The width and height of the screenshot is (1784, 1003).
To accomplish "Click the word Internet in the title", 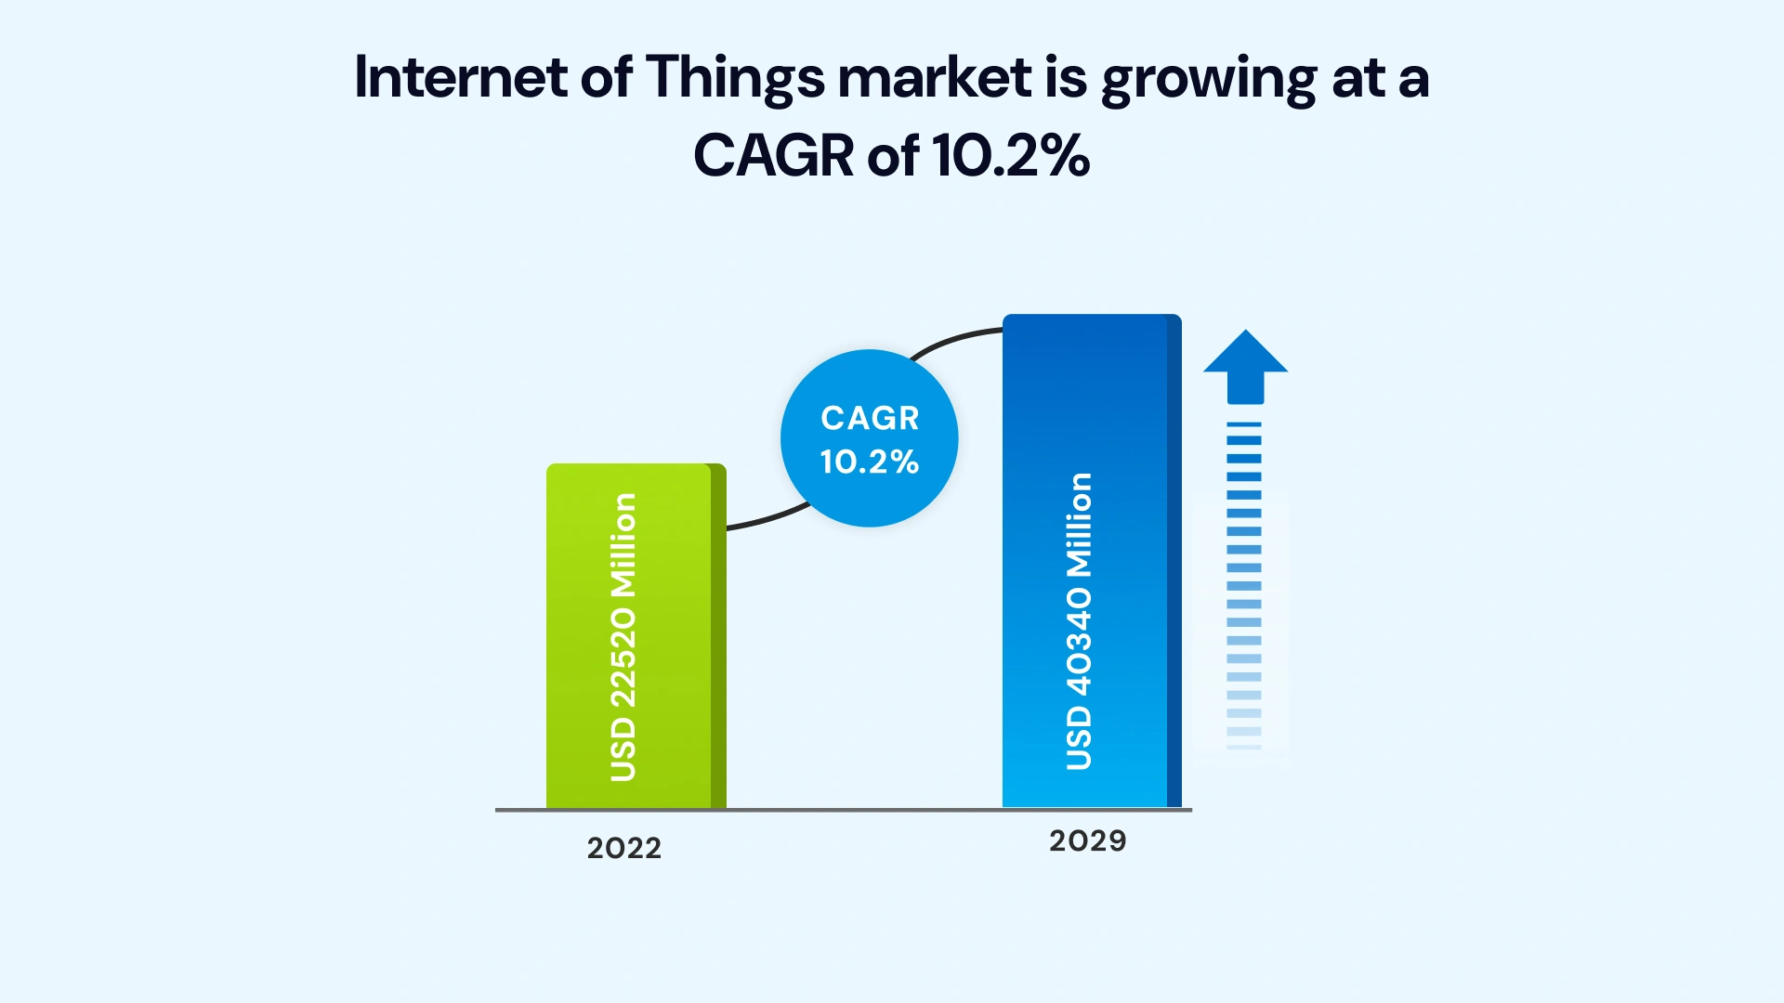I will (x=460, y=77).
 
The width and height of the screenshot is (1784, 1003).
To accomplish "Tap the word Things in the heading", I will (x=734, y=79).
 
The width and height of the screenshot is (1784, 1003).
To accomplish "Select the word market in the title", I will (x=934, y=77).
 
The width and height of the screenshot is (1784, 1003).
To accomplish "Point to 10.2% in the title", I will (x=1010, y=155).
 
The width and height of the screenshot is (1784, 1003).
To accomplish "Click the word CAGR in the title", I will (x=773, y=155).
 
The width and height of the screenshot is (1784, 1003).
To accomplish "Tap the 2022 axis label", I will (x=624, y=848).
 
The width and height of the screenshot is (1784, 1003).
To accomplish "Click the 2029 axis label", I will (x=1087, y=840).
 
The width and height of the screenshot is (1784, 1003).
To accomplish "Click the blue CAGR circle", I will (x=869, y=501).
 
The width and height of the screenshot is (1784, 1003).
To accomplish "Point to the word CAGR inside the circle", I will (x=870, y=418).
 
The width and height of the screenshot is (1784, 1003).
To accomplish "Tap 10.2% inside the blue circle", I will (x=869, y=462).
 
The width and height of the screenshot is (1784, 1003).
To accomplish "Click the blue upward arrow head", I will (x=1245, y=358).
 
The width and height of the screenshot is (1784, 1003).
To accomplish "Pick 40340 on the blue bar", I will (x=1079, y=641).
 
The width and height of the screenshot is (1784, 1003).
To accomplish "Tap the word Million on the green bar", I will (x=623, y=545).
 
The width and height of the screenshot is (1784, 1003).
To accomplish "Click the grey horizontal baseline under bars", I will (x=864, y=810).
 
